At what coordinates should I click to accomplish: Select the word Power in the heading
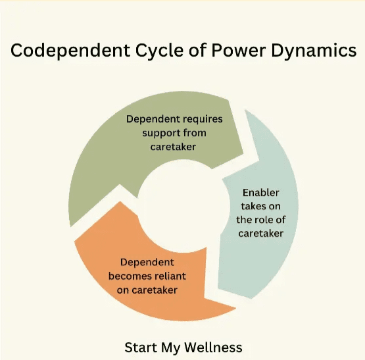tap(238, 50)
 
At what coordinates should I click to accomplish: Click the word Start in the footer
tap(141, 347)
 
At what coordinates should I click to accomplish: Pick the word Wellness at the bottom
tap(213, 347)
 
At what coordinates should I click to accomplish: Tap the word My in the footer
tap(170, 348)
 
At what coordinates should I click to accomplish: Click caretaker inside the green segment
tap(173, 147)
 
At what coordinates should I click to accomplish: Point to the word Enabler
tap(260, 193)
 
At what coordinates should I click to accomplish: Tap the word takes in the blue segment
tap(252, 206)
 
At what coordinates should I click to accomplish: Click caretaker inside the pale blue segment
tap(260, 233)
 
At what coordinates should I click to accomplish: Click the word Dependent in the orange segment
tap(147, 263)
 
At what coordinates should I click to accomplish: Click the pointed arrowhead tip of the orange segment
tap(236, 308)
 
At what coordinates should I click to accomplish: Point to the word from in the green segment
tap(195, 133)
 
